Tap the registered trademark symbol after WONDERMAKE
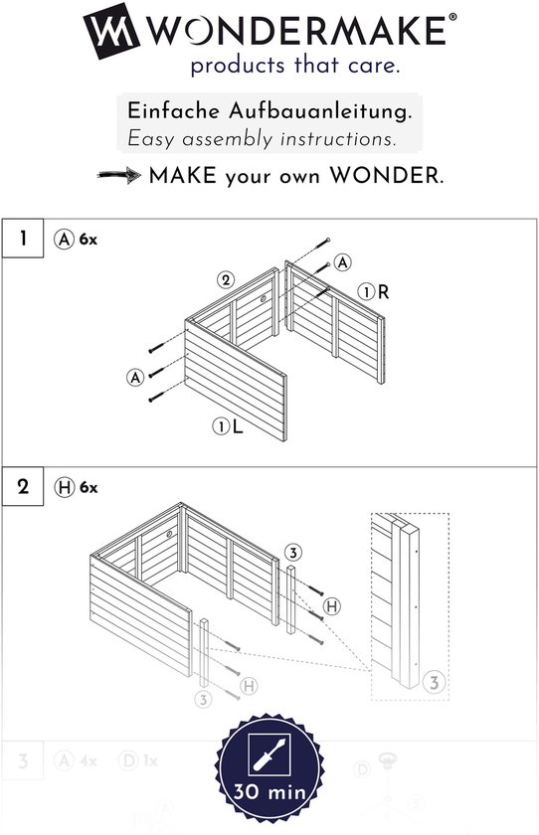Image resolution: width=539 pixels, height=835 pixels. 453,18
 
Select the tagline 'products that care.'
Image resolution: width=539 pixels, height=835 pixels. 295,67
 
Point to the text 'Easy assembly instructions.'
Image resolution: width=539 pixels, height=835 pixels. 261,138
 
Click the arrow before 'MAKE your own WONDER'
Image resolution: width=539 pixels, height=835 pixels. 119,176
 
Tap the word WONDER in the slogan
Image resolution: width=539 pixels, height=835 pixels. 387,176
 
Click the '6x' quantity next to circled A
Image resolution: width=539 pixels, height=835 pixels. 89,240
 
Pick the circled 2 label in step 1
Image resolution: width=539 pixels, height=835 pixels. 227,280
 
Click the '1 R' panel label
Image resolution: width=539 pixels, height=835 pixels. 374,292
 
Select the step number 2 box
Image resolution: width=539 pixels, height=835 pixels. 23,487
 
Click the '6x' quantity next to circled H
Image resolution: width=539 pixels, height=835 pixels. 89,487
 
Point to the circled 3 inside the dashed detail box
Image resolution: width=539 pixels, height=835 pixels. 433,682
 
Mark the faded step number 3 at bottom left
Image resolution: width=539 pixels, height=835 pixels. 23,762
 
